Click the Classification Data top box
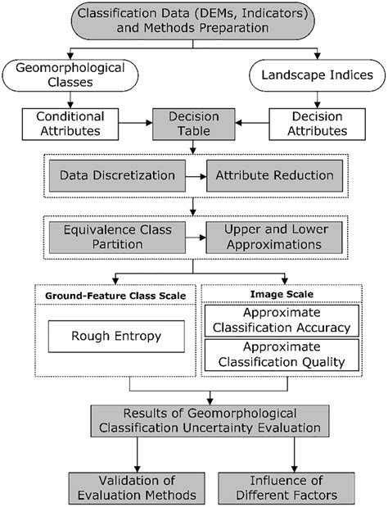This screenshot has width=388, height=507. point(194,26)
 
